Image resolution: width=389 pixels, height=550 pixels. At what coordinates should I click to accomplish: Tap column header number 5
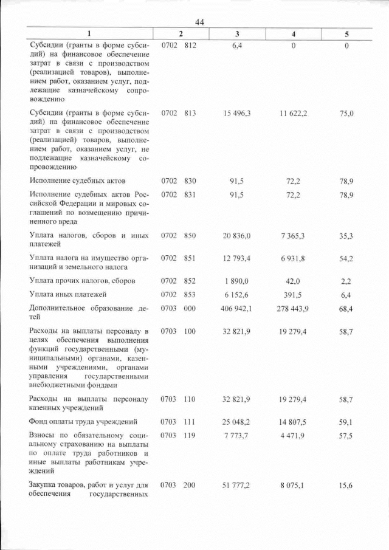coord(346,34)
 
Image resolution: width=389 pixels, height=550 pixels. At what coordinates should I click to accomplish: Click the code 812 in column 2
coord(190,46)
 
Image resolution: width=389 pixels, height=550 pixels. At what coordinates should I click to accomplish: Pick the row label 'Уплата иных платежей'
coord(70,294)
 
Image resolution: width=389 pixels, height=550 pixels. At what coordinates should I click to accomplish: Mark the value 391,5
coord(293,294)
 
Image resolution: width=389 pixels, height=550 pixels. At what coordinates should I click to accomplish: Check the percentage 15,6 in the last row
coord(346,485)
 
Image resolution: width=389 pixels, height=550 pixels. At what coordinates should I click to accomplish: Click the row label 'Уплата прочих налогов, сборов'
coord(82,281)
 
